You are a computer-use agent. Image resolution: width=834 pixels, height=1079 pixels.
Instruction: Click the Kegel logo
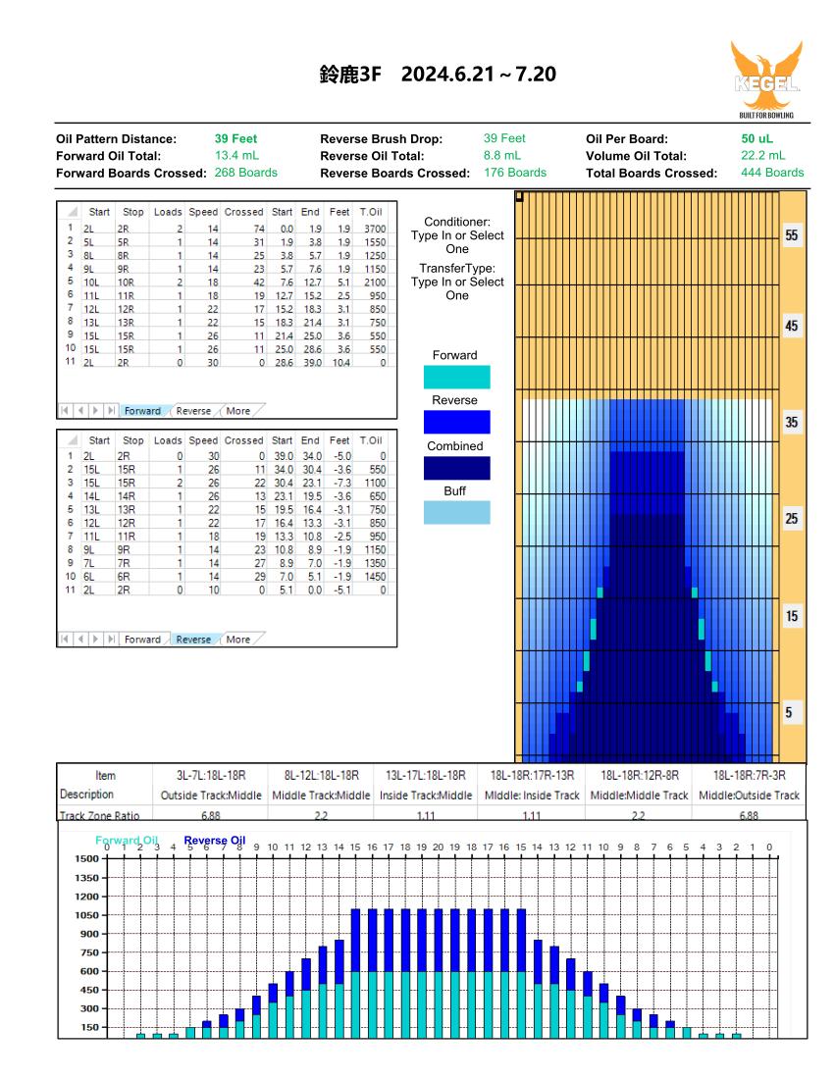point(766,79)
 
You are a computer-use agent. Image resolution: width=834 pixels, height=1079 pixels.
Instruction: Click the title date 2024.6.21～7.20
point(478,74)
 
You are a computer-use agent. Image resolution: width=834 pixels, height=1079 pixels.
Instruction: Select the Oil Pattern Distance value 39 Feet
point(235,138)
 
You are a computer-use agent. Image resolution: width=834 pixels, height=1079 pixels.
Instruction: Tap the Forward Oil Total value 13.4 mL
point(236,156)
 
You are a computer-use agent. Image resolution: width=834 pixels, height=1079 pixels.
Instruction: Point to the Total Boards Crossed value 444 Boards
point(772,173)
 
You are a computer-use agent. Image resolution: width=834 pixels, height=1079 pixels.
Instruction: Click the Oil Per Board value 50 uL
point(756,138)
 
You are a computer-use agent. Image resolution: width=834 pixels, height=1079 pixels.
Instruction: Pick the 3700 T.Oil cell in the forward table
point(375,229)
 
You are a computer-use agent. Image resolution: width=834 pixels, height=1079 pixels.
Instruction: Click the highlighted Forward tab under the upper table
point(142,411)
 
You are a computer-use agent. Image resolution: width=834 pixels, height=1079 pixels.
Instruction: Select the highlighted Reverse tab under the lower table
point(193,640)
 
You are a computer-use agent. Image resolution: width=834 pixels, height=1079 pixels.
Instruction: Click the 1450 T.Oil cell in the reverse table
point(375,577)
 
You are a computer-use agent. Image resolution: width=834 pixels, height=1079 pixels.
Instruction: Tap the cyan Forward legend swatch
point(457,377)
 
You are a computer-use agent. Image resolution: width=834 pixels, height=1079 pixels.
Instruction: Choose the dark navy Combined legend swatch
point(457,468)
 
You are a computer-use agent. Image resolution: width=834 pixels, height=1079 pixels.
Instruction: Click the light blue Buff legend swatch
point(457,513)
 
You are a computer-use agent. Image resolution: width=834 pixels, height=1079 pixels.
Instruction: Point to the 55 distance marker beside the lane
point(792,235)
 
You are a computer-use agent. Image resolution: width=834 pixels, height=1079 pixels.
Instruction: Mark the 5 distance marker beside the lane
point(789,713)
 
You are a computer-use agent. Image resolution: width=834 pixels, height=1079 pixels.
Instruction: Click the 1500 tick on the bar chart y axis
point(86,859)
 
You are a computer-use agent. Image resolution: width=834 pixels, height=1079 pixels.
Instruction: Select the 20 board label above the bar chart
point(439,848)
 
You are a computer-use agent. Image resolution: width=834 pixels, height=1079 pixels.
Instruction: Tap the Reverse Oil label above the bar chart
point(215,841)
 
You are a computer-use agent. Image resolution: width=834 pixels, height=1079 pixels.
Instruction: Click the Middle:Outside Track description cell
point(749,796)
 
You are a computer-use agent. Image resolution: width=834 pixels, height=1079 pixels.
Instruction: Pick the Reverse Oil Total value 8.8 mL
point(501,156)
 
